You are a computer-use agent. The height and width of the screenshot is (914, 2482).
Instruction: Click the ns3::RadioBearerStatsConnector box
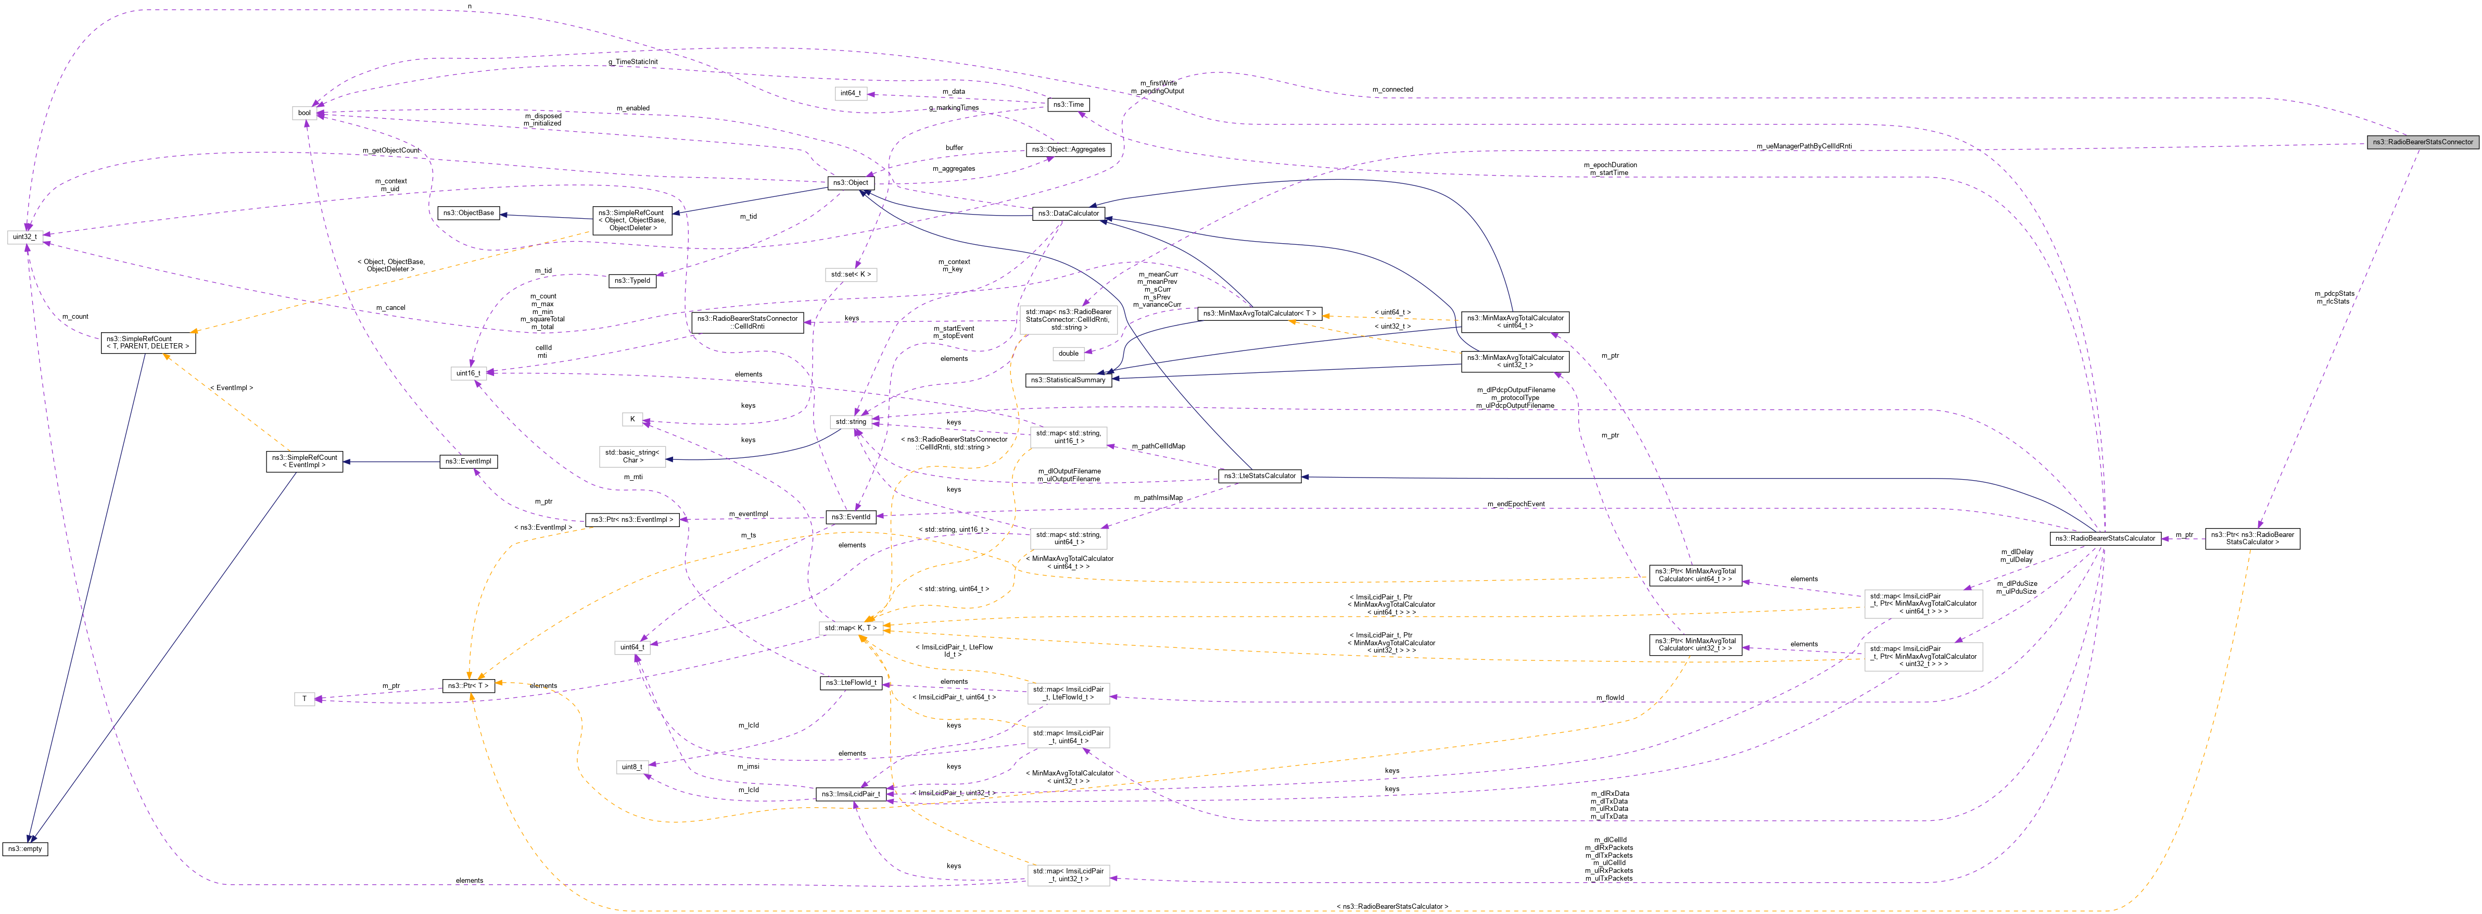[2422, 142]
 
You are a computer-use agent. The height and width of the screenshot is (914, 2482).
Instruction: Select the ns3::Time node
[1068, 104]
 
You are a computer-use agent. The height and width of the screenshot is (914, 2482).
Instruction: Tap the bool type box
[305, 113]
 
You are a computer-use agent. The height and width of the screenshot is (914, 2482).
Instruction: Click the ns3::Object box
[851, 182]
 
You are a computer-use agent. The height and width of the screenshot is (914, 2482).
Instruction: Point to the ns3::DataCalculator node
[1069, 213]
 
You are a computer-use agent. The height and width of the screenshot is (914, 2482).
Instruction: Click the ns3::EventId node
[851, 517]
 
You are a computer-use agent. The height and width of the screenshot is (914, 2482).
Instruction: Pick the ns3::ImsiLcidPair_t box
[850, 794]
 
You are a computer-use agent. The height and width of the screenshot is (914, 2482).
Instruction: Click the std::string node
[851, 421]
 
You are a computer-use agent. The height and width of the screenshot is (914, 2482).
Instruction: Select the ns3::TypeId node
[633, 281]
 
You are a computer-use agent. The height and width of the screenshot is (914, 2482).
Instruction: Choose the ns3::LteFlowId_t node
[850, 683]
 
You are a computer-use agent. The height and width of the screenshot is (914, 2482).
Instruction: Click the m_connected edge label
[1392, 90]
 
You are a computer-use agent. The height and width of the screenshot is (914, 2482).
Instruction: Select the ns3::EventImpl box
[468, 461]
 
